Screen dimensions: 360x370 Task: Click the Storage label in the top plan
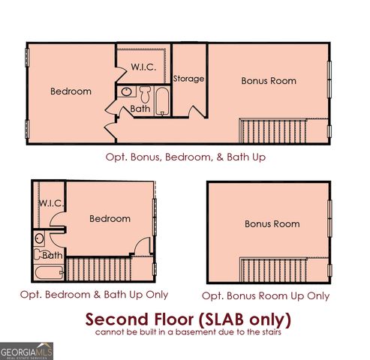[189, 79]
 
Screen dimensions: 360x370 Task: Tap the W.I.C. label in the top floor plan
[143, 66]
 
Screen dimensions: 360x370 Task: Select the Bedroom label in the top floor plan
[71, 91]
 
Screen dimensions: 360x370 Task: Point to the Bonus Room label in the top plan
[268, 80]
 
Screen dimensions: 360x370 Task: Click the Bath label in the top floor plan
[140, 109]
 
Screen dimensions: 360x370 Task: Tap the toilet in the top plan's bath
[144, 94]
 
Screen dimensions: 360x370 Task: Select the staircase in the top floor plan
[283, 130]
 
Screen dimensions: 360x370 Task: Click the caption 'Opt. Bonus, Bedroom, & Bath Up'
[184, 157]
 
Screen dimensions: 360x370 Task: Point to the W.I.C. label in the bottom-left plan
[51, 203]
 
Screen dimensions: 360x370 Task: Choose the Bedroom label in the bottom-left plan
[110, 219]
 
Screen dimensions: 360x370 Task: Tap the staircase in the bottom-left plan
[98, 269]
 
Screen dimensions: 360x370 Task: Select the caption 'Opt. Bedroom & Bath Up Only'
[94, 295]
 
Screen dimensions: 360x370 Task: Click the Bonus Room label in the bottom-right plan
[271, 223]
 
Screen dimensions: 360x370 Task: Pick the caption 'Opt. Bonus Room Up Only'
[266, 295]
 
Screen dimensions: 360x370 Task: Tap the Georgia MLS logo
[27, 350]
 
